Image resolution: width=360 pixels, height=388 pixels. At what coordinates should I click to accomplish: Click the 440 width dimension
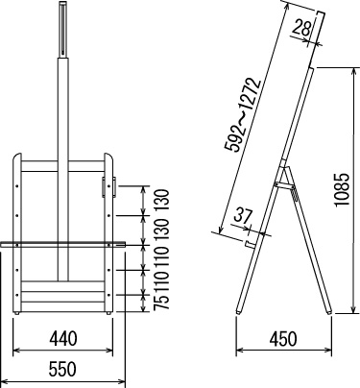tap(63, 338)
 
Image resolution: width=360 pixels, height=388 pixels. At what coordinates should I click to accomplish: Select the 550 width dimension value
tap(62, 369)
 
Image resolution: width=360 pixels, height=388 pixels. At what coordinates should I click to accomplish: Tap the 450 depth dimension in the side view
tap(283, 339)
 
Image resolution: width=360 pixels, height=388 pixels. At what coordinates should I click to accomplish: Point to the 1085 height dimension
tap(342, 190)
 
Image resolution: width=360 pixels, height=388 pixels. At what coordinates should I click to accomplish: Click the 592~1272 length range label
tap(243, 114)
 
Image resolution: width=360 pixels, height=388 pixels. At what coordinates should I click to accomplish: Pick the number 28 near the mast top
tap(301, 27)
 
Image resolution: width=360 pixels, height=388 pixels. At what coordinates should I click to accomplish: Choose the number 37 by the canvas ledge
tap(243, 216)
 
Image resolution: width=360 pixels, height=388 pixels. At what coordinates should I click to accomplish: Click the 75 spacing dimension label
tap(161, 302)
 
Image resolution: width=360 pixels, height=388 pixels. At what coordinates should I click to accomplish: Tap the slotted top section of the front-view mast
tap(63, 30)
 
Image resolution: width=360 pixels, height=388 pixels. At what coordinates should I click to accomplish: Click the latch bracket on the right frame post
tap(108, 186)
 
